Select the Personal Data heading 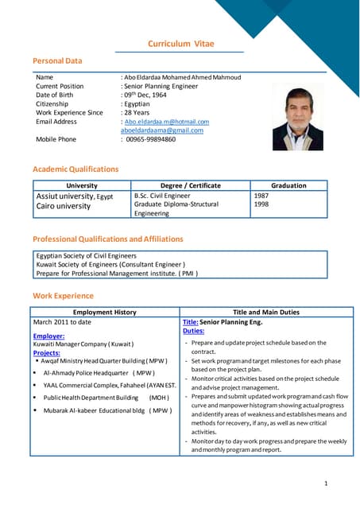point(56,60)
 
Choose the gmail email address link point(162,130)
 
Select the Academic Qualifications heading point(75,169)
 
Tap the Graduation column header point(288,185)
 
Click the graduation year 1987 point(261,195)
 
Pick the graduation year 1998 point(261,204)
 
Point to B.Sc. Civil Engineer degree point(162,195)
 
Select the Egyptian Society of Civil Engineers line point(87,256)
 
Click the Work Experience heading point(63,296)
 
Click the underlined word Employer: point(48,336)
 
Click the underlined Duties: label point(193,331)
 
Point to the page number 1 point(326,484)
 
